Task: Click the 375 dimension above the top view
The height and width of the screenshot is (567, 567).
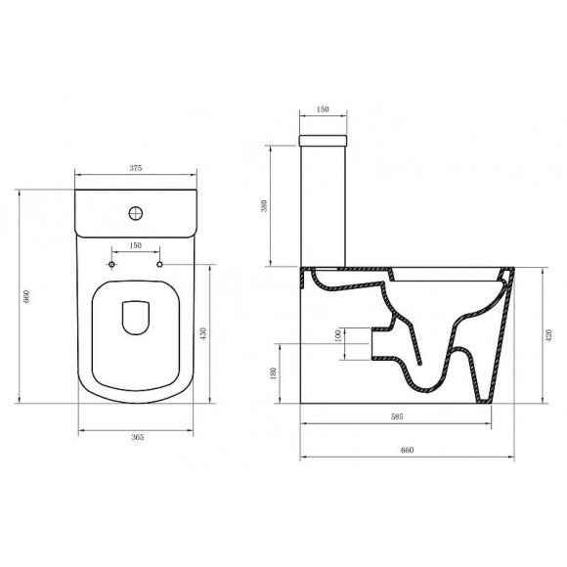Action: (x=136, y=168)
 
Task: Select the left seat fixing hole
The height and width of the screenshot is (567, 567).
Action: (x=113, y=265)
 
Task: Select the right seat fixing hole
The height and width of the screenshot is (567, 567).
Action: (x=157, y=265)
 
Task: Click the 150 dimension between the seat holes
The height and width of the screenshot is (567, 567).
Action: (x=136, y=245)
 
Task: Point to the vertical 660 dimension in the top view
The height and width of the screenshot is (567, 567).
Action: (x=26, y=296)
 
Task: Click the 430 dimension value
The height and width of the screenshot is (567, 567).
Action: (x=203, y=333)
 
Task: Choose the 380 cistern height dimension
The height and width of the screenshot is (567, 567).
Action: (x=265, y=208)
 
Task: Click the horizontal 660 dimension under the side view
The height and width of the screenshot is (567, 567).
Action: (x=407, y=449)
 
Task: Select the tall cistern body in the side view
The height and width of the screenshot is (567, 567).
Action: (x=325, y=205)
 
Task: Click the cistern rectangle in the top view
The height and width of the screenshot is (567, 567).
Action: (x=136, y=213)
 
